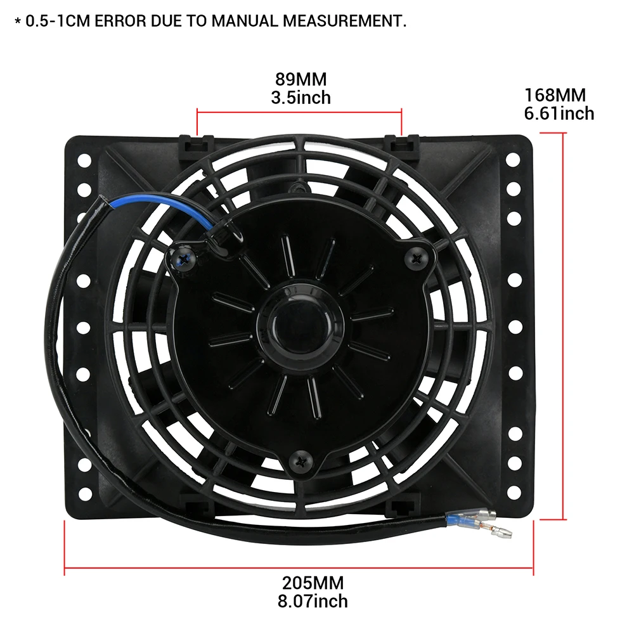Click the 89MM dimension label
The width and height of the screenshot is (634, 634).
[x=301, y=80]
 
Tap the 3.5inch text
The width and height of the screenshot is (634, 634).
[x=301, y=98]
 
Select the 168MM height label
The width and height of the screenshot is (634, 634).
[x=555, y=95]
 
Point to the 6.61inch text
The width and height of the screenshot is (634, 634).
[x=559, y=113]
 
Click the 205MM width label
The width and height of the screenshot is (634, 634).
[x=313, y=582]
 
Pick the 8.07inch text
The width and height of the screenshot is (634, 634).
[x=313, y=600]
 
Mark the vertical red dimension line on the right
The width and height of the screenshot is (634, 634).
[x=562, y=326]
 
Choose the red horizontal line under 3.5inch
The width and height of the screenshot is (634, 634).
[x=299, y=112]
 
